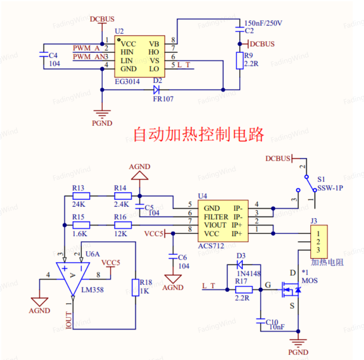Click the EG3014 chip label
pos(127,81)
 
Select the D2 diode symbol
pos(156,90)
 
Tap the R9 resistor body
pos(240,61)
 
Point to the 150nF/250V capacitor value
pos(263,23)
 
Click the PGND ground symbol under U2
pos(102,114)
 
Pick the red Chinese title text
pos(199,134)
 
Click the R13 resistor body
pos(81,196)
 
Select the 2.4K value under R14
pos(121,204)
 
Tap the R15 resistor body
pos(81,225)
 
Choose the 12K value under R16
pos(121,234)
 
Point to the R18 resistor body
pos(136,288)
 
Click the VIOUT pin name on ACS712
pos(215,225)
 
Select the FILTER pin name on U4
pos(216,217)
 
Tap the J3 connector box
pos(319,242)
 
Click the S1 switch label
pos(321,179)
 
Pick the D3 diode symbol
pos(240,264)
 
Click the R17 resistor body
pos(244,290)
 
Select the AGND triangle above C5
pos(140,175)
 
